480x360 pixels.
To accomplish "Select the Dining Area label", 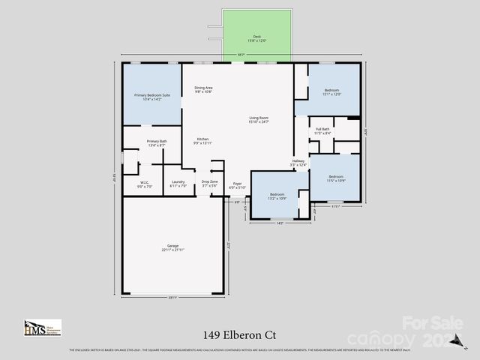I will [203, 89].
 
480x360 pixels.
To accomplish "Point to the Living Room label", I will [259, 119].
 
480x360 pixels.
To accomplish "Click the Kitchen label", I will [203, 141].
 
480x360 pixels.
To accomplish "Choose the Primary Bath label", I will [157, 143].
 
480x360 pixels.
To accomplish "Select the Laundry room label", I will [178, 184].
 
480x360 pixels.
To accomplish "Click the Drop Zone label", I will [209, 183].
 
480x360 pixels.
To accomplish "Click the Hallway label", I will [298, 163].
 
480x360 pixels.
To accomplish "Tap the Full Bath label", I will [323, 131].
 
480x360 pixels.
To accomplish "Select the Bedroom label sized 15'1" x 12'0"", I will [332, 92].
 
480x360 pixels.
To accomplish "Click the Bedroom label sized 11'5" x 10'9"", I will [336, 178].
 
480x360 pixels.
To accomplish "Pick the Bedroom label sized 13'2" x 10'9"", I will [277, 196].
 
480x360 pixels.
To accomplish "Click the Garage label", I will [173, 247].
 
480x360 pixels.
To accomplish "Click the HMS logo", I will [42, 328].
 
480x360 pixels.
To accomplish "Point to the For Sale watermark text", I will [433, 323].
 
